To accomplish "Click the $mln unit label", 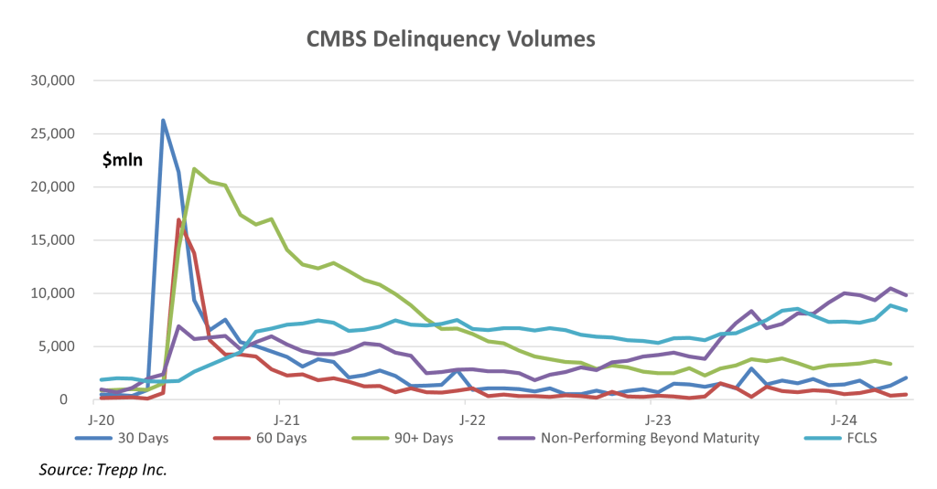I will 124,160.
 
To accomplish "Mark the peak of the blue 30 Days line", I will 163,121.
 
